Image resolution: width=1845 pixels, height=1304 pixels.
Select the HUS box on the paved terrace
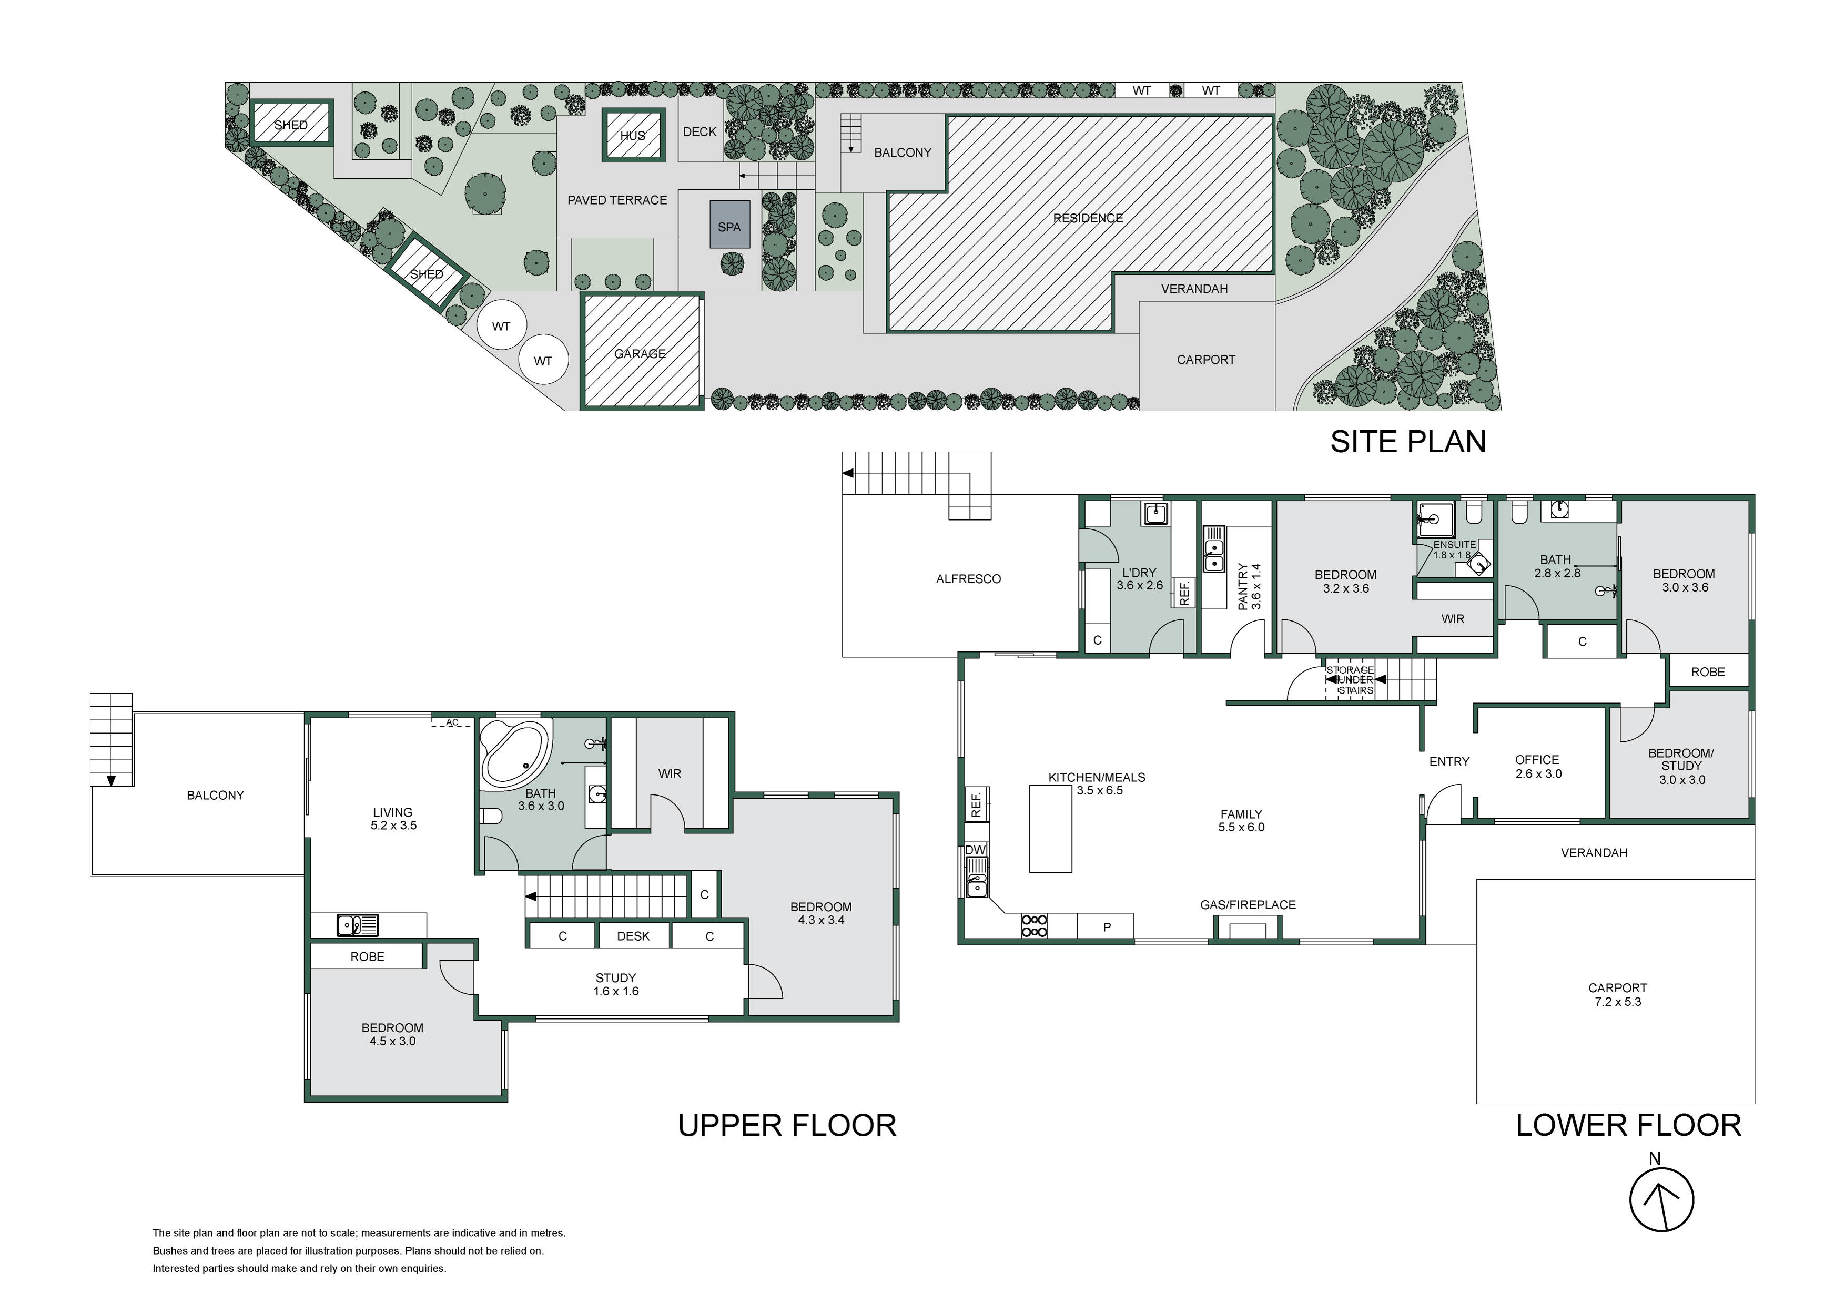click(x=633, y=135)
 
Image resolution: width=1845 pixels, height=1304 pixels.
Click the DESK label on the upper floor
click(x=633, y=936)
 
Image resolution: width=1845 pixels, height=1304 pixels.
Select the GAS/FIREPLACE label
click(x=1248, y=905)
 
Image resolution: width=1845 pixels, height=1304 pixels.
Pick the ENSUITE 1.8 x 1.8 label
click(x=1454, y=549)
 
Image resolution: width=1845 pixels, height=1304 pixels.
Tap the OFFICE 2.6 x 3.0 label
click(x=1537, y=767)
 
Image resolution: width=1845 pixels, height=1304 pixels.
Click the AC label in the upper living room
click(x=452, y=722)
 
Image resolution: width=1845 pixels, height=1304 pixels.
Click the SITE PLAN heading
click(x=1408, y=441)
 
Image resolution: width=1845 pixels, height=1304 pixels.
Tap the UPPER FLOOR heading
click(x=787, y=1126)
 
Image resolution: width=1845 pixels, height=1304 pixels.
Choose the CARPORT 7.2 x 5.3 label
click(x=1618, y=995)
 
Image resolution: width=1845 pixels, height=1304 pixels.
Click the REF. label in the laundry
click(x=1184, y=593)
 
